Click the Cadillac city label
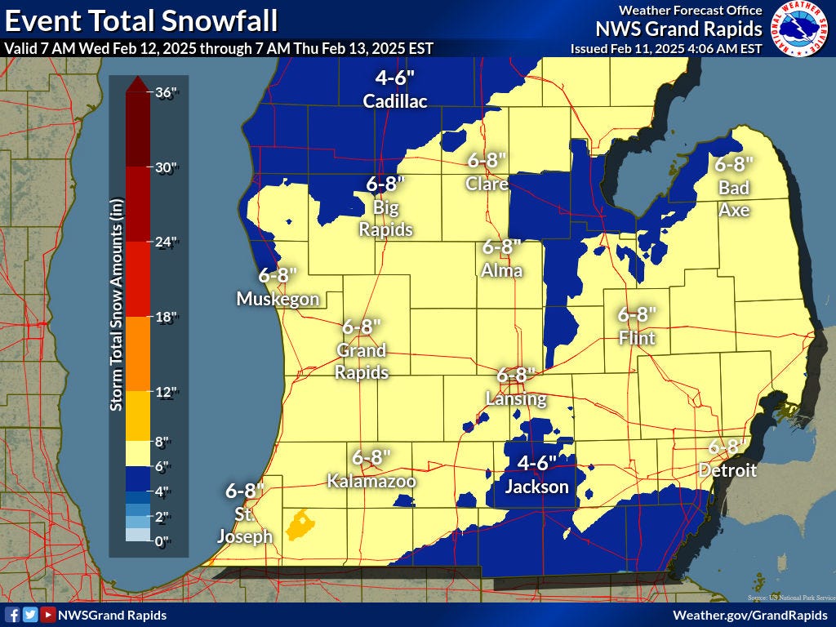395,101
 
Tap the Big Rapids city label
386,219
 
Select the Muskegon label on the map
278,299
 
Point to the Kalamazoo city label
371,481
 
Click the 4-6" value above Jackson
536,463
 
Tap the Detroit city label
727,470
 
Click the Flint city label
636,337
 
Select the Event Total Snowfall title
140,20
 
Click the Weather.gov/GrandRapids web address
750,614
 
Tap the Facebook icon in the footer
12,615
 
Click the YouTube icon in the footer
48,615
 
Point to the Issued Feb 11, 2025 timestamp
665,49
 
